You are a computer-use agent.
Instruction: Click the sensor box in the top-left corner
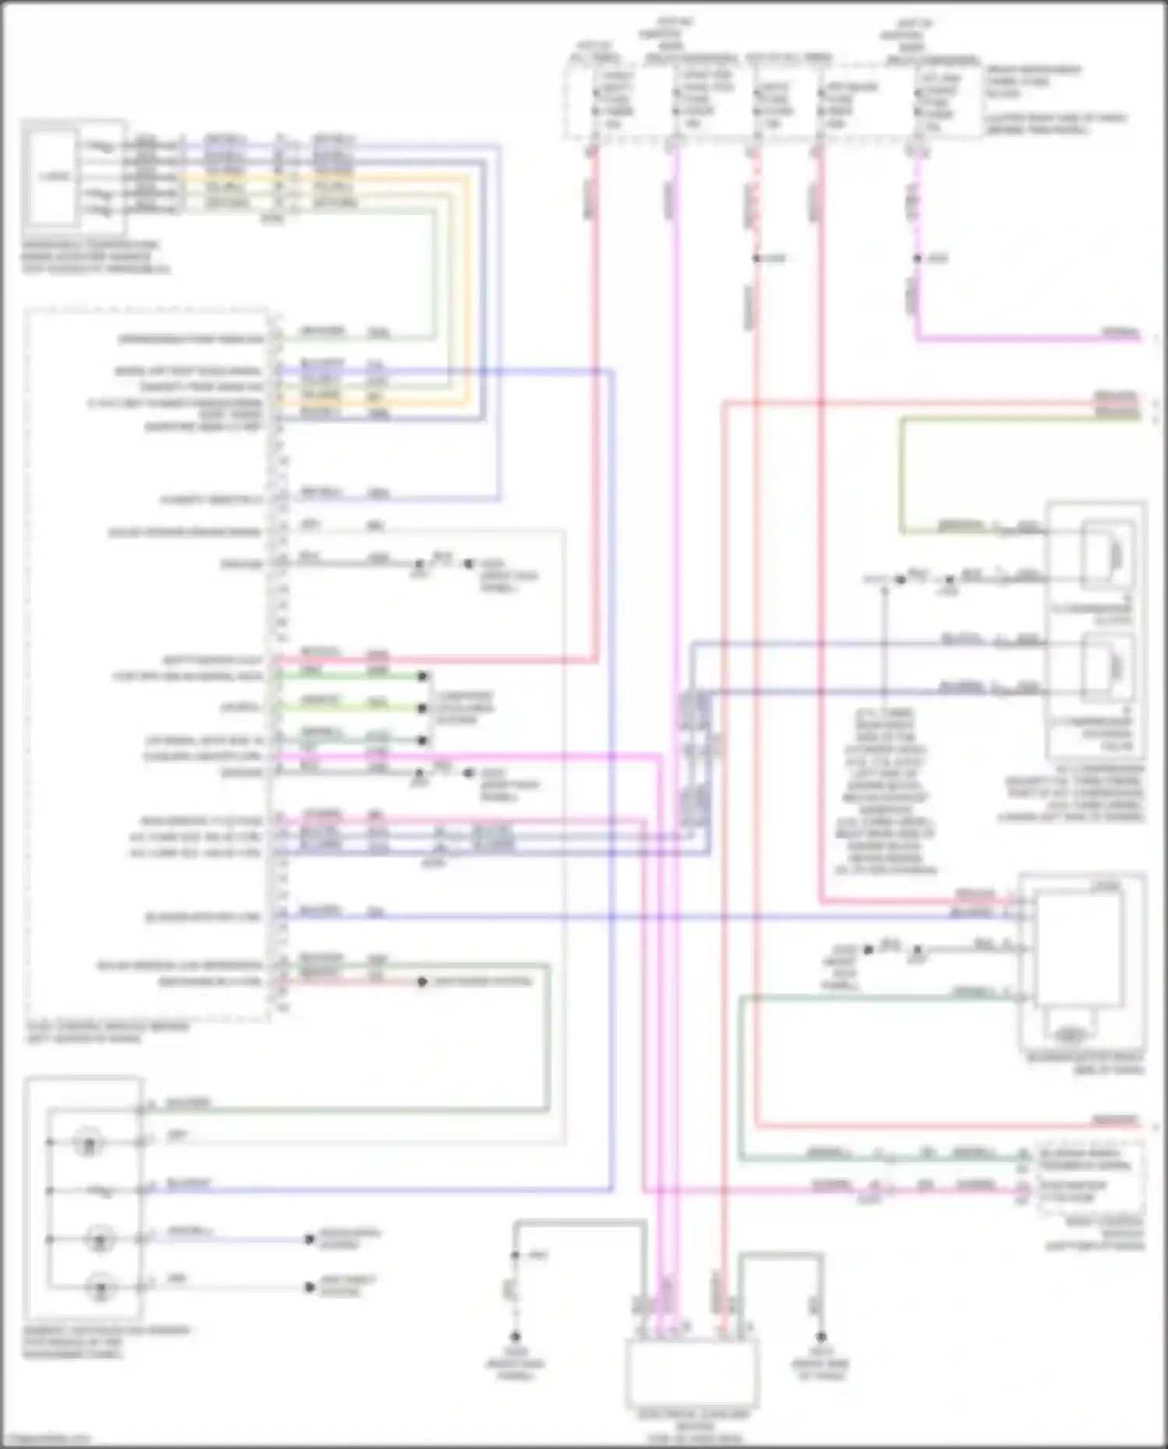coord(53,176)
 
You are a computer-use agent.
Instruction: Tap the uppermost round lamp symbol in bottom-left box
coord(88,1143)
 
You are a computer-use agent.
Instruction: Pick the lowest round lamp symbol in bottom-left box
coord(100,1287)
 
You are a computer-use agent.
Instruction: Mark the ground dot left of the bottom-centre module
coord(515,1336)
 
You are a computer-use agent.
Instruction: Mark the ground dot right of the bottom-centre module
coord(820,1336)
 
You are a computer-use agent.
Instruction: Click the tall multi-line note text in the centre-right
coord(885,790)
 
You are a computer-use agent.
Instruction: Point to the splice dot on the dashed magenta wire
coord(917,258)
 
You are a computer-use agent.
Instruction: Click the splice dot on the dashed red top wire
coord(755,258)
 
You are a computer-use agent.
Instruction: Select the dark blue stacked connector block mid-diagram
coord(695,759)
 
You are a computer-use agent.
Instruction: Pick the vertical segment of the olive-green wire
coord(902,475)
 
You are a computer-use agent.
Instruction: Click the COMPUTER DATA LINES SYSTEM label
coord(464,708)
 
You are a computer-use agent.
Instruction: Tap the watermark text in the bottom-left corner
coord(47,1439)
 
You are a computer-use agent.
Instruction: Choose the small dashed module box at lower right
coord(1090,1176)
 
